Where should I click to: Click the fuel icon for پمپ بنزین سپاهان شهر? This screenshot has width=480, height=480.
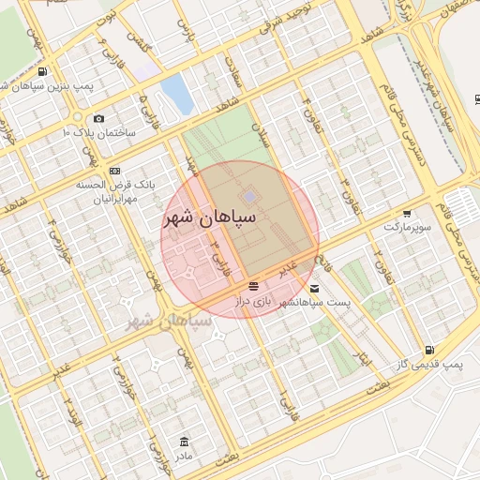(43, 72)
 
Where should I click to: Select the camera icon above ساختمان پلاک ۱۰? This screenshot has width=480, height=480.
(98, 118)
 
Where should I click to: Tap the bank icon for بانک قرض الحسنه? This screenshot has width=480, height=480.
(114, 171)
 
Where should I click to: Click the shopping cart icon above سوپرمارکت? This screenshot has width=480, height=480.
(407, 214)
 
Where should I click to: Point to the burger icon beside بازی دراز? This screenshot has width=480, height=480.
(253, 286)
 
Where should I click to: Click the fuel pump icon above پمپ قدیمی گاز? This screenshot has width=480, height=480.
(428, 348)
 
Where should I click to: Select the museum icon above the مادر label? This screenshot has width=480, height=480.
(184, 441)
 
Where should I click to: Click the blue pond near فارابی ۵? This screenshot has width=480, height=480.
(174, 92)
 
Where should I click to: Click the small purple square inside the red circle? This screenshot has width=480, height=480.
(249, 196)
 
